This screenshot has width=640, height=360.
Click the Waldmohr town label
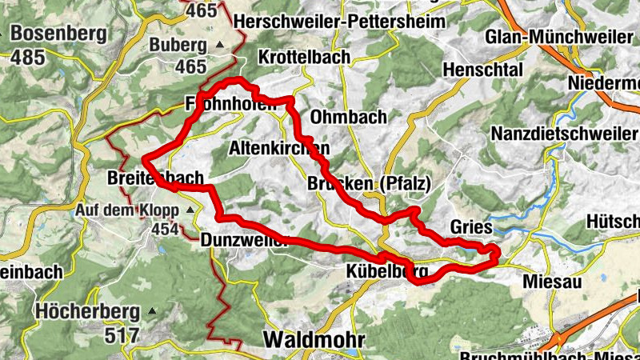313,339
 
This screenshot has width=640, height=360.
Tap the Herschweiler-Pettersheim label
335,22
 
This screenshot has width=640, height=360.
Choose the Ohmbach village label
348,117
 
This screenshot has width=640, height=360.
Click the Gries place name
470,227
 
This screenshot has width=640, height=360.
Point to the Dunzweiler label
244,239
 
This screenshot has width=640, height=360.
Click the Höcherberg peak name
87,311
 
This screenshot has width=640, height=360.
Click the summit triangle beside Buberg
220,46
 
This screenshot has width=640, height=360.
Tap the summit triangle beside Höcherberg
153,310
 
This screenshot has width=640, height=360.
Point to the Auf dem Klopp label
127,210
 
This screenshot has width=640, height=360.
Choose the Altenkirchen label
278,149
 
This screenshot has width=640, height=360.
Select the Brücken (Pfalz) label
369,184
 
